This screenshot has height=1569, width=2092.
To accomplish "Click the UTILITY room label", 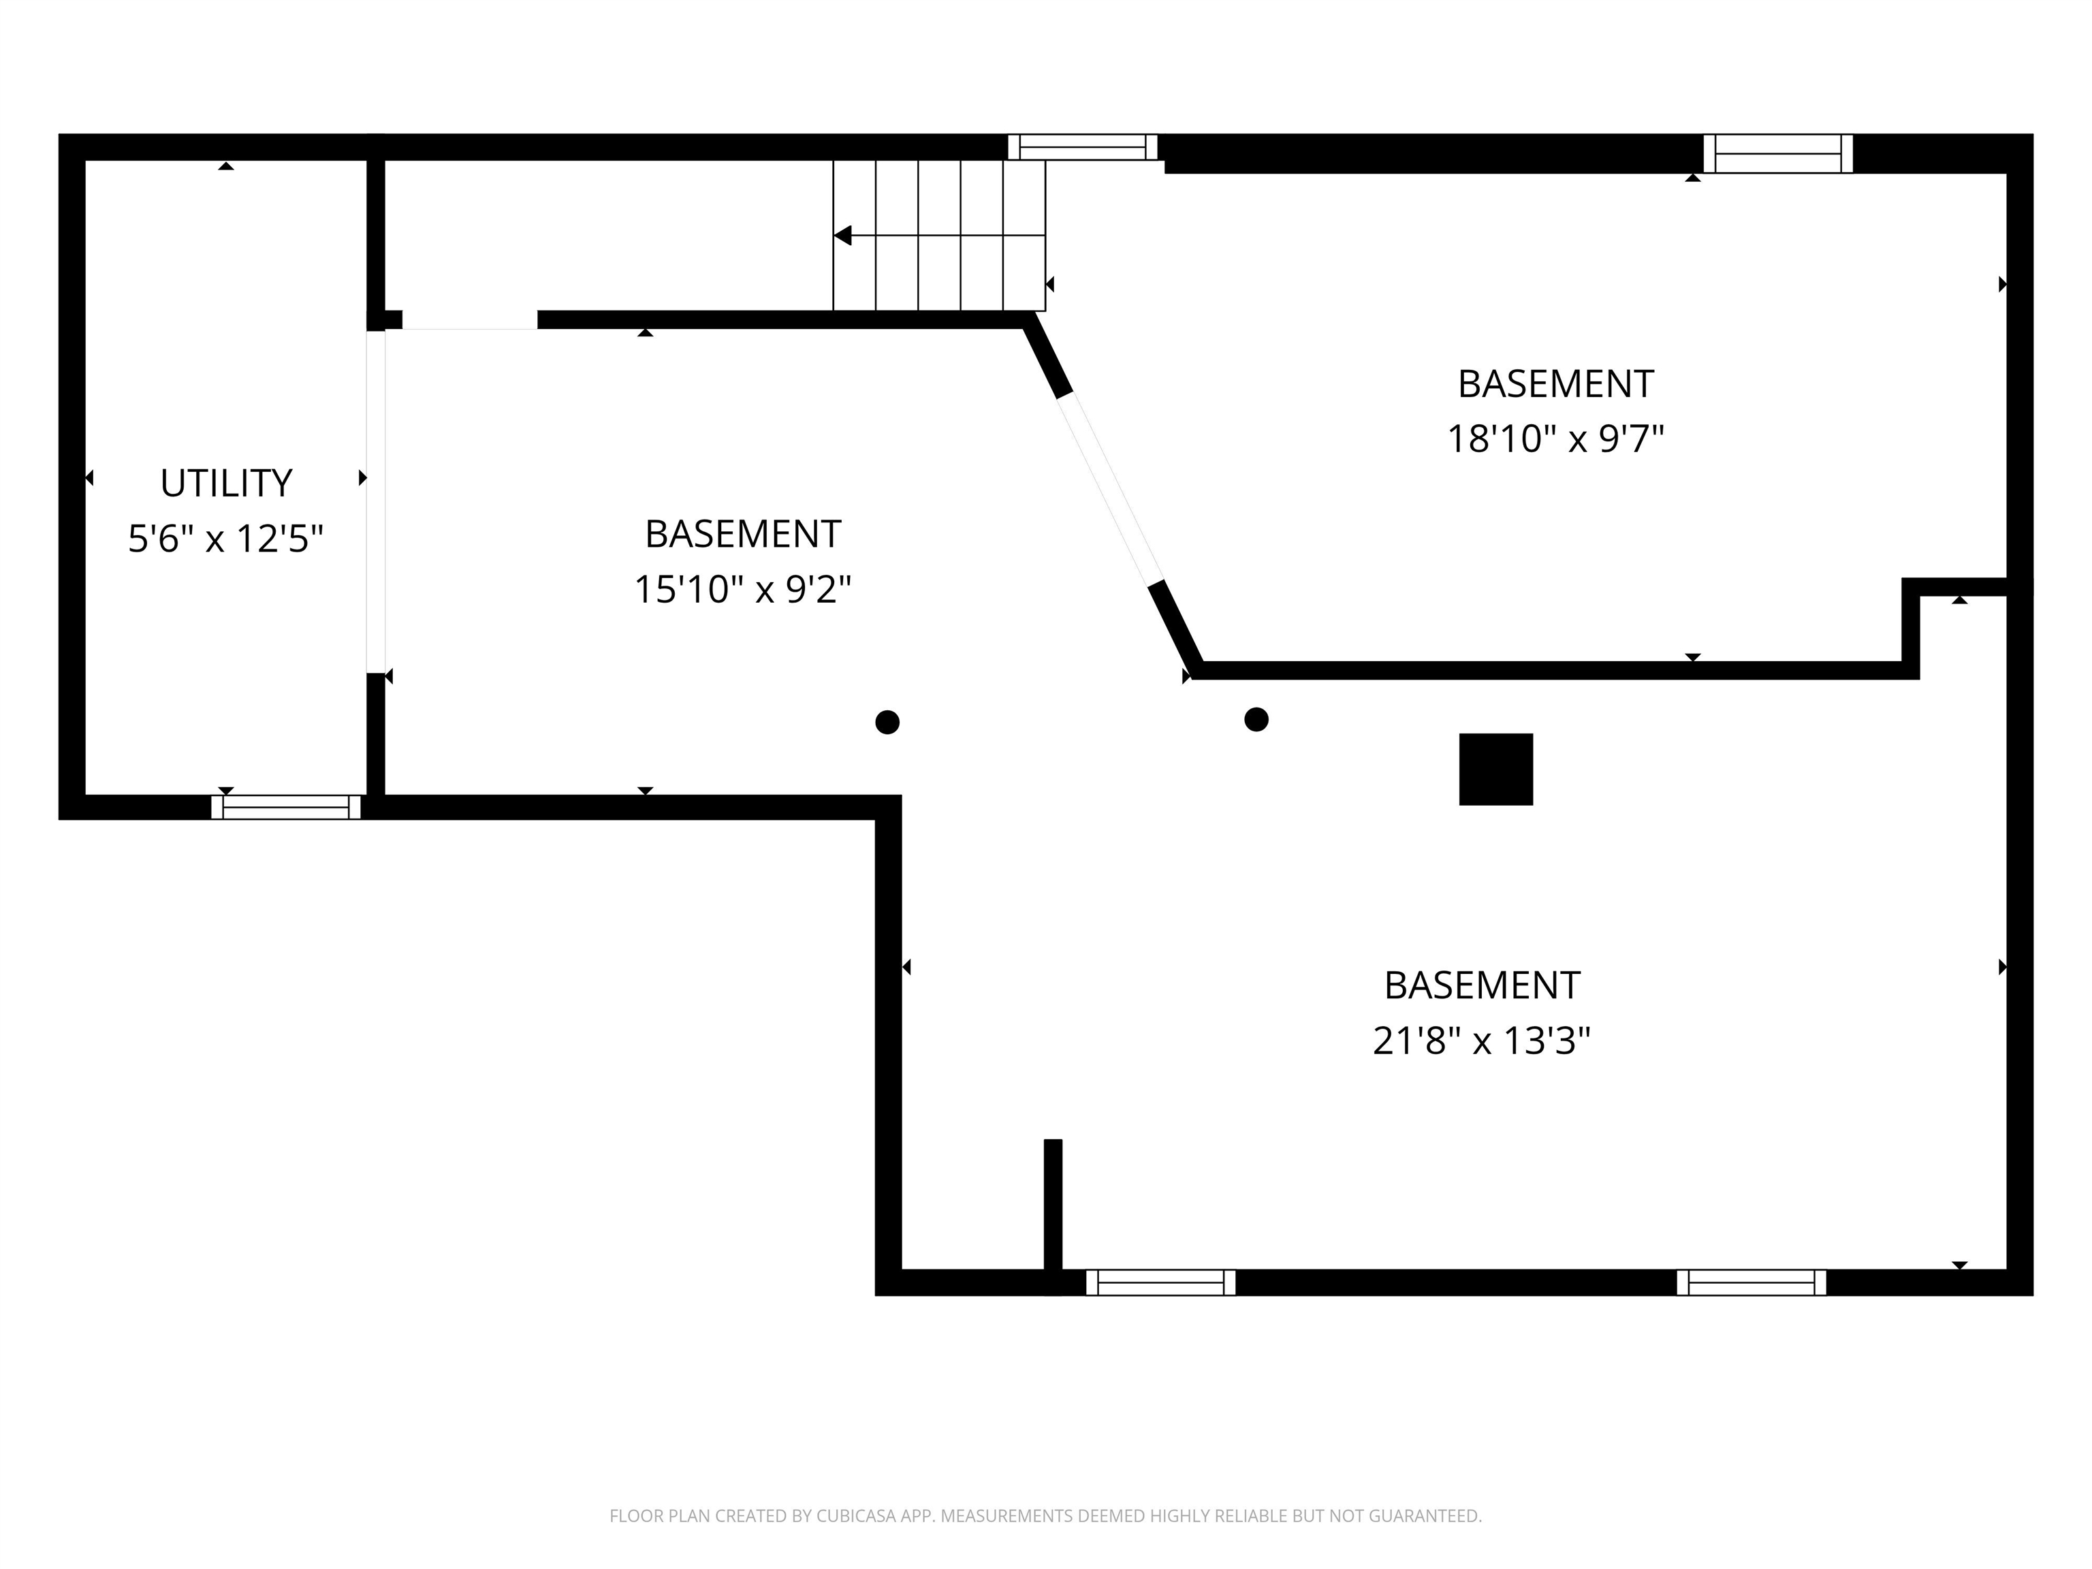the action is [226, 484].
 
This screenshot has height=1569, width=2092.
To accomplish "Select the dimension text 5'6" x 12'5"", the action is [226, 539].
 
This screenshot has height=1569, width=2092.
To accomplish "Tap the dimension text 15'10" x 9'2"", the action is [742, 589].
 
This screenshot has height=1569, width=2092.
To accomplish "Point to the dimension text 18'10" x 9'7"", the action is [1556, 439].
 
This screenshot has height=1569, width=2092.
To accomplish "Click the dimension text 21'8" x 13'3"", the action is [1482, 1041].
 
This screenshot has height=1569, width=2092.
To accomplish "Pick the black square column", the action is [1496, 770].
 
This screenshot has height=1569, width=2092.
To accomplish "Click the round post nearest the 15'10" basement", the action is [887, 723].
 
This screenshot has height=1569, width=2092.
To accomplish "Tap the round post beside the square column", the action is [1256, 720].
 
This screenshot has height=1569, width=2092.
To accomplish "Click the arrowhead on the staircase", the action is [842, 236].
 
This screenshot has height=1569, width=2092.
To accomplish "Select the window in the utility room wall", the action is [285, 808].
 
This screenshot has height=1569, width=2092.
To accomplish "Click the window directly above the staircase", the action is [1083, 148].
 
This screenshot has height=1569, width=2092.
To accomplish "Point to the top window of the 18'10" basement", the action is [1778, 154].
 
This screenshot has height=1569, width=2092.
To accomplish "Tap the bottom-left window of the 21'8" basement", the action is [1160, 1282].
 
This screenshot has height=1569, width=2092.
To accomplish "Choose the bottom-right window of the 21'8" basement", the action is [1752, 1282].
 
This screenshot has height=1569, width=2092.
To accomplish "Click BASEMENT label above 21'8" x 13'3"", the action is [1482, 985].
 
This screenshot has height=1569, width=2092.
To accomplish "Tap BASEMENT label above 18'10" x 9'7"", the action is [1556, 384].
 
